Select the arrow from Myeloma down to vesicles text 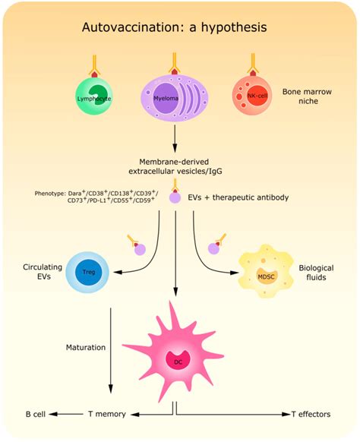click(x=175, y=138)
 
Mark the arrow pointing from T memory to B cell click(x=68, y=415)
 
